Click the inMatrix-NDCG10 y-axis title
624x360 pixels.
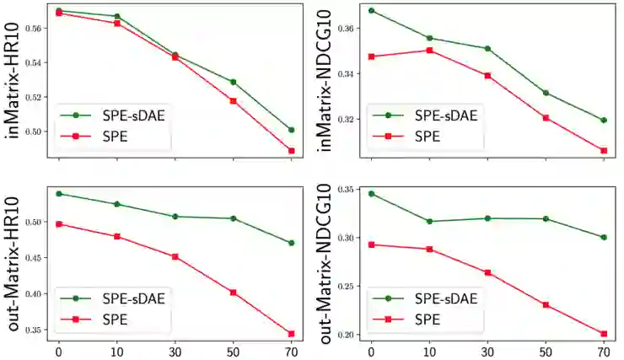coord(322,80)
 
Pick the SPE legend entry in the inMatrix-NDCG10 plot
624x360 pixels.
coord(420,135)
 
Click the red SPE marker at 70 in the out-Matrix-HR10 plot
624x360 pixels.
coord(291,334)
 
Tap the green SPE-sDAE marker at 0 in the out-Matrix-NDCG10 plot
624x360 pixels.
coord(371,194)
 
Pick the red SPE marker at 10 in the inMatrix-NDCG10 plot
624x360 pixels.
coord(429,51)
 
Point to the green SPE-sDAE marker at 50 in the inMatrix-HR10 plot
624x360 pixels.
coord(233,82)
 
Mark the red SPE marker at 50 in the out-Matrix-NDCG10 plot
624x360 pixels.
coord(545,304)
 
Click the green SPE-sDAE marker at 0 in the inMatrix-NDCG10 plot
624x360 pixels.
coord(371,11)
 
